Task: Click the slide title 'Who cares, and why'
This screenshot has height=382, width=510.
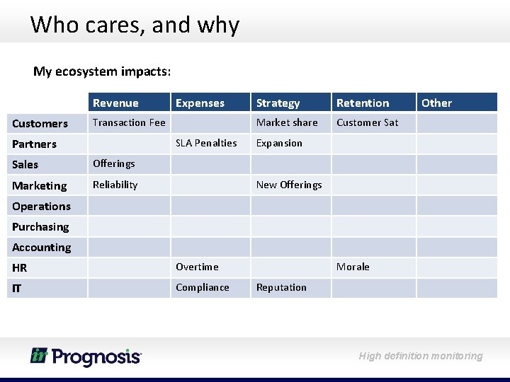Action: tap(135, 25)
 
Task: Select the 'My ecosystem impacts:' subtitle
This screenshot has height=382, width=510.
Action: tap(101, 71)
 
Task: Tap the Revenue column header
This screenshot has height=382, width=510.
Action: tap(115, 103)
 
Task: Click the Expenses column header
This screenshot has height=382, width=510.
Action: tap(200, 103)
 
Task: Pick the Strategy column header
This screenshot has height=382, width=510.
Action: tap(278, 103)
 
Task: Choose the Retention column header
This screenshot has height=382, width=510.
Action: tap(363, 103)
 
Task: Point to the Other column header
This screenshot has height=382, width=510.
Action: tap(436, 103)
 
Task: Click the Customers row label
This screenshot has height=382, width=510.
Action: tap(40, 123)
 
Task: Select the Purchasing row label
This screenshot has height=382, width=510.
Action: tap(40, 226)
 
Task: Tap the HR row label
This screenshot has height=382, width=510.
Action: tap(20, 267)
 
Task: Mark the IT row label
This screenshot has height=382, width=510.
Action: tap(17, 288)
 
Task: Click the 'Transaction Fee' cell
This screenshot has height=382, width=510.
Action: tap(129, 122)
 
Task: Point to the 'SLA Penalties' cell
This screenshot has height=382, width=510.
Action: tap(206, 143)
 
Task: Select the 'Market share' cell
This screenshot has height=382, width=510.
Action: tap(287, 122)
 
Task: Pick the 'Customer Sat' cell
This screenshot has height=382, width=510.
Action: tap(367, 122)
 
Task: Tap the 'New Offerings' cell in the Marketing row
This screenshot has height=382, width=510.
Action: tap(289, 185)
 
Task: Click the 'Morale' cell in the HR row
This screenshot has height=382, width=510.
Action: tap(353, 267)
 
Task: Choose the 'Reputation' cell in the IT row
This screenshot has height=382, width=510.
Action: tap(281, 287)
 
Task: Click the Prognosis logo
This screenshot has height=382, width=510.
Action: tap(86, 356)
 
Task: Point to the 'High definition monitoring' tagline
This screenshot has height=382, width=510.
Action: tap(421, 356)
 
